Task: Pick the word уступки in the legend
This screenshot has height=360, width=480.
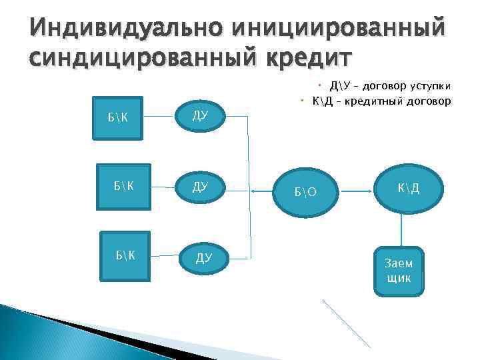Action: pyautogui.click(x=431, y=87)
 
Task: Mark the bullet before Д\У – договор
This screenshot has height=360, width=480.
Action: pyautogui.click(x=320, y=85)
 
